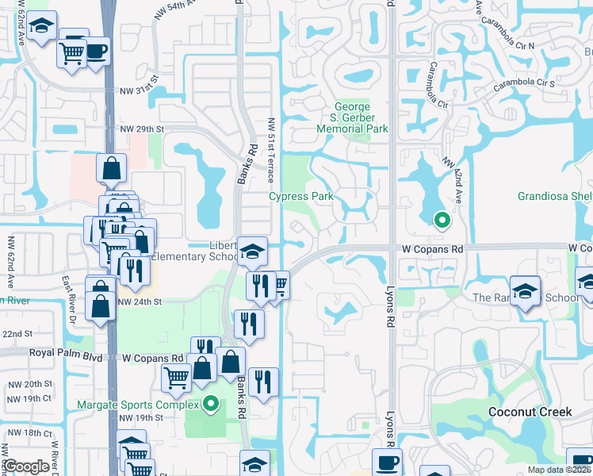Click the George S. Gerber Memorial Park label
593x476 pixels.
(352, 117)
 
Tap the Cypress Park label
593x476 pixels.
(300, 196)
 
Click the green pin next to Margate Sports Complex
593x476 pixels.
(210, 405)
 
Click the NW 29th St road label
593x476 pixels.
(142, 129)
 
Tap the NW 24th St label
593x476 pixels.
(140, 301)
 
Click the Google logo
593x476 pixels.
(26, 466)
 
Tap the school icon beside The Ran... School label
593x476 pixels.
(525, 290)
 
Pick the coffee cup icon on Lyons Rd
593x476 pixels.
(387, 462)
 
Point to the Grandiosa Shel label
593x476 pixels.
(554, 196)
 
